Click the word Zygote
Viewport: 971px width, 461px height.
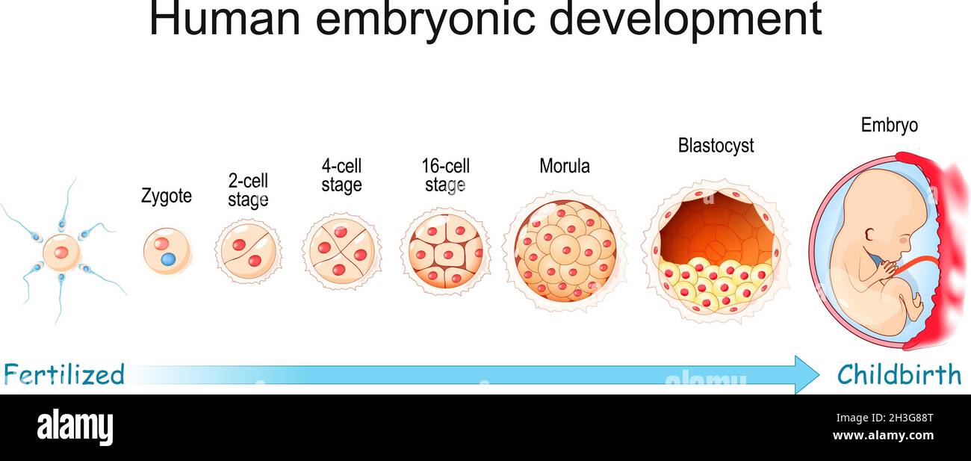[167, 197]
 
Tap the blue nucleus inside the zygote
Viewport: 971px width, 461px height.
[168, 259]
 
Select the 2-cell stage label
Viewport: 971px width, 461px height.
[248, 190]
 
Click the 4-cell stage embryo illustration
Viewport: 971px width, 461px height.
[341, 251]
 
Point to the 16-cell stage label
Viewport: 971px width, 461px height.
[446, 175]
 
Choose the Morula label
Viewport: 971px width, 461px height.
[565, 166]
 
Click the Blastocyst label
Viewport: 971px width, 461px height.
[716, 146]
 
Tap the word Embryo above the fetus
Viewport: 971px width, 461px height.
[889, 126]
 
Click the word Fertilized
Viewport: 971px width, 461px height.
[64, 374]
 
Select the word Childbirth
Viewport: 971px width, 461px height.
[899, 374]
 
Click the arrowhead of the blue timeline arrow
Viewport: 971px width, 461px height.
[807, 374]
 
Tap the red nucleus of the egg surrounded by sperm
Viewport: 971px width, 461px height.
[61, 252]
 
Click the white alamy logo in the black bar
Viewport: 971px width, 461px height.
[75, 428]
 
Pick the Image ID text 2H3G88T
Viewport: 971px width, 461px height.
[912, 418]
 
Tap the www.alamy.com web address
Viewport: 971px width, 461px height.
[883, 435]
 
